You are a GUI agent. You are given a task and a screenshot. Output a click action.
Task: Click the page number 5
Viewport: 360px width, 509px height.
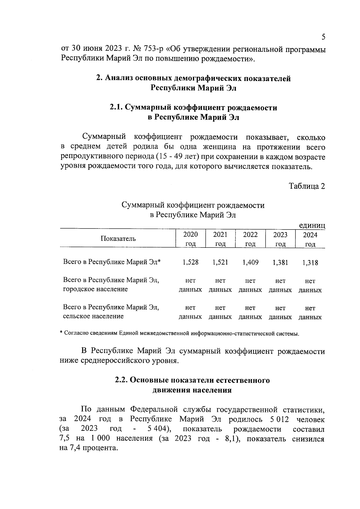pyautogui.click(x=323, y=37)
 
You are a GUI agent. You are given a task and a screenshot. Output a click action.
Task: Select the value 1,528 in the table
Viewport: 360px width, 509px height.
pyautogui.click(x=190, y=262)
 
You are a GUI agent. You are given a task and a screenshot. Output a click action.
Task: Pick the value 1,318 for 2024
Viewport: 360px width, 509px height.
pyautogui.click(x=310, y=263)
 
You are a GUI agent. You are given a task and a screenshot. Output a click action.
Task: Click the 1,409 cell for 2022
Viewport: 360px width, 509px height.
pyautogui.click(x=250, y=262)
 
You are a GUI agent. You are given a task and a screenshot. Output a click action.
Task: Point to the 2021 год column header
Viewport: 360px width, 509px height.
pyautogui.click(x=220, y=239)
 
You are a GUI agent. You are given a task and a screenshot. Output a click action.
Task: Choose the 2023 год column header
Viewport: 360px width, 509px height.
pyautogui.click(x=280, y=239)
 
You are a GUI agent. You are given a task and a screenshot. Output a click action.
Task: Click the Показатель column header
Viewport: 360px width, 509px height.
pyautogui.click(x=118, y=239)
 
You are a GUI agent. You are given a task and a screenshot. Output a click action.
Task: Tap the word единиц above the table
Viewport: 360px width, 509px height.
pyautogui.click(x=312, y=225)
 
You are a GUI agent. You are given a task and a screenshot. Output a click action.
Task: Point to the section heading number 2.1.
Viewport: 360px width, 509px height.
pyautogui.click(x=116, y=107)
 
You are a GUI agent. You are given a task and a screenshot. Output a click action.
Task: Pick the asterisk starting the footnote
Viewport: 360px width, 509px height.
pyautogui.click(x=61, y=333)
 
